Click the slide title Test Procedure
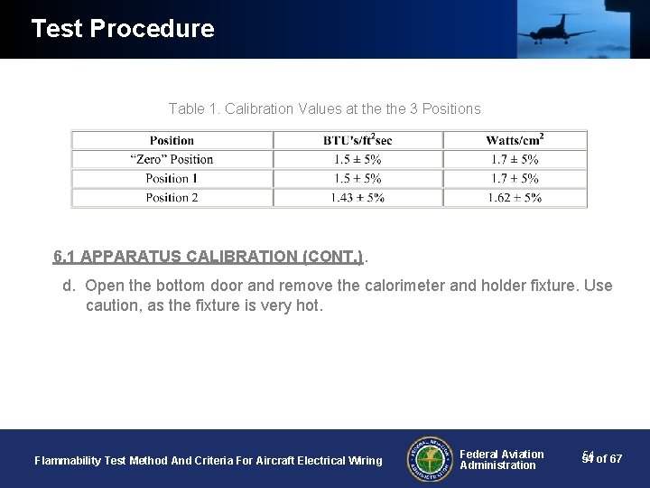tap(122, 29)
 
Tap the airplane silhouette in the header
tap(554, 33)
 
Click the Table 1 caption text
tap(324, 109)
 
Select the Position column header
tap(172, 140)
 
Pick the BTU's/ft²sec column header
tap(357, 140)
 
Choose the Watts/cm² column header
tap(514, 140)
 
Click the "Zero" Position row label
tap(172, 159)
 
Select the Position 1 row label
tap(172, 178)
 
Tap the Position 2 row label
tap(172, 197)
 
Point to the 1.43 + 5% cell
tap(357, 197)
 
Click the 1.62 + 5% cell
tap(514, 197)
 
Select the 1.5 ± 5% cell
tap(357, 159)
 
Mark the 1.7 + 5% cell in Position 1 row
tap(514, 178)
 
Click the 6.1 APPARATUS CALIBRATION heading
tap(208, 257)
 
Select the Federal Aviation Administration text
tap(501, 459)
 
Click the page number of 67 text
tap(602, 459)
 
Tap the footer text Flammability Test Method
tap(208, 461)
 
